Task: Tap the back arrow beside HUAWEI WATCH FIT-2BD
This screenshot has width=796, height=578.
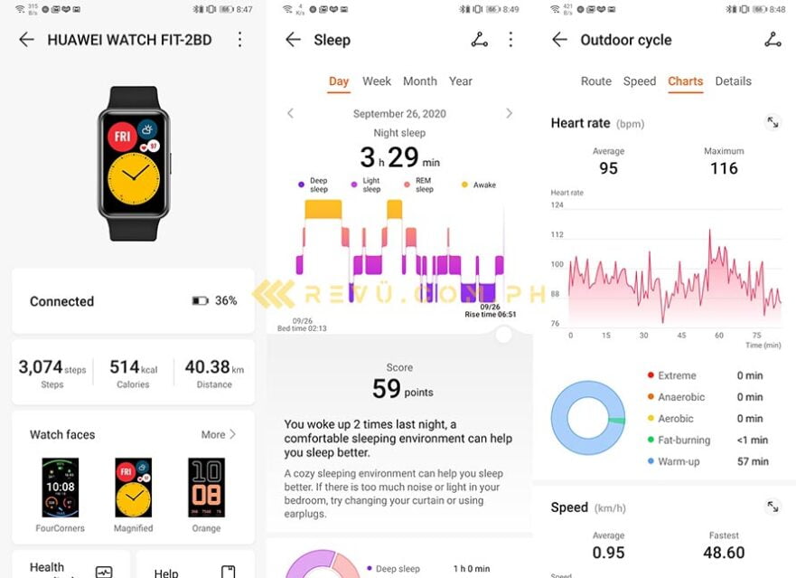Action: click(26, 40)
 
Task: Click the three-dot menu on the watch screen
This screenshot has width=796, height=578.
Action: click(239, 40)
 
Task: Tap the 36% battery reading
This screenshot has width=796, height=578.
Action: click(225, 301)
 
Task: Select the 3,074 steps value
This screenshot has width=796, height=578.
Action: click(42, 367)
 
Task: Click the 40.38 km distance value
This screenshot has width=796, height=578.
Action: click(207, 367)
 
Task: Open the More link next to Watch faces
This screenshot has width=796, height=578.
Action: click(218, 434)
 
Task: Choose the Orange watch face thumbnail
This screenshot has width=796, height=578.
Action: click(206, 488)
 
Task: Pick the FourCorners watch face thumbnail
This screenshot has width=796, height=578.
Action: click(61, 488)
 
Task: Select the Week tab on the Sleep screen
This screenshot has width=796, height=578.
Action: click(377, 81)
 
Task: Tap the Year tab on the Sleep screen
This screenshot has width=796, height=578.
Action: click(461, 81)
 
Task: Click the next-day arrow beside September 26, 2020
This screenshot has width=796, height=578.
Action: click(509, 114)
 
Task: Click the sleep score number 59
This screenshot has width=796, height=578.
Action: click(386, 389)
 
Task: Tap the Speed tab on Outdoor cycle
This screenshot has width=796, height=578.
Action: click(640, 81)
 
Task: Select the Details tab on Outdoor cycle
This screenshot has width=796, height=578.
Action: click(733, 81)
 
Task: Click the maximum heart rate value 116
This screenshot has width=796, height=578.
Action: click(724, 168)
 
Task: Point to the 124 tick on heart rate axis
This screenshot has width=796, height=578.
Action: click(557, 205)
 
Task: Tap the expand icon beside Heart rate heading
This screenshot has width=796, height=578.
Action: click(773, 122)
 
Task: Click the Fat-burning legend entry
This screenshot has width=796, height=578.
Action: click(684, 441)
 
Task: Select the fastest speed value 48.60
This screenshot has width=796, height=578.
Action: click(724, 553)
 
